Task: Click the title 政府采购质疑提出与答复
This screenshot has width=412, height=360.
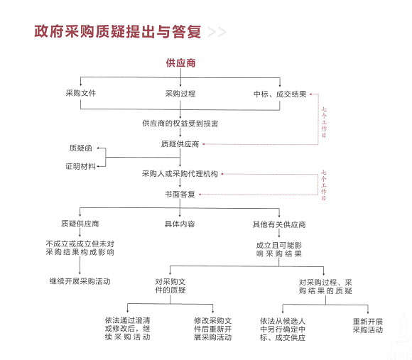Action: (118, 32)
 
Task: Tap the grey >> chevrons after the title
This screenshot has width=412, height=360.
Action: (217, 32)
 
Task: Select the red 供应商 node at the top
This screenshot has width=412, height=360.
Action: (180, 63)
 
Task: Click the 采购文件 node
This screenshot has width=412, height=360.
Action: (81, 93)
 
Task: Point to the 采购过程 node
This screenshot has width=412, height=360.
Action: (180, 94)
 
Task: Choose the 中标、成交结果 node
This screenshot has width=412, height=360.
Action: (280, 94)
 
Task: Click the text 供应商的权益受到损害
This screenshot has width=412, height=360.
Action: (180, 123)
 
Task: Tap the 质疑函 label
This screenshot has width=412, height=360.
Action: (81, 148)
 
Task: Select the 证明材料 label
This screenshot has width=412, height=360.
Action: (80, 166)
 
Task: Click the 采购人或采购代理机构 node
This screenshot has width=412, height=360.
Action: (180, 173)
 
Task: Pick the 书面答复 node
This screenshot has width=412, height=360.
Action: (180, 195)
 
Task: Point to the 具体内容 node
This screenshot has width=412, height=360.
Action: (180, 224)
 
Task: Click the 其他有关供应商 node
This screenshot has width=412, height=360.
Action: (279, 224)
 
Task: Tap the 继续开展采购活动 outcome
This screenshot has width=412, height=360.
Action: (80, 281)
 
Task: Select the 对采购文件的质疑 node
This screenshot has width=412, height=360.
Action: (170, 285)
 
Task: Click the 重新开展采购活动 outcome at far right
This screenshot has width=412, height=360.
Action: (367, 326)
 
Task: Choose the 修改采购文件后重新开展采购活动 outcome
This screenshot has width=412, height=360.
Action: (213, 329)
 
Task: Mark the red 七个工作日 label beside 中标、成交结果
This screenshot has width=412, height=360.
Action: (324, 122)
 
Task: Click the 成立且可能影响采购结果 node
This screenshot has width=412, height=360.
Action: (279, 249)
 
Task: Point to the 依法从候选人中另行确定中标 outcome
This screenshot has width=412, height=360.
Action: (283, 329)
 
